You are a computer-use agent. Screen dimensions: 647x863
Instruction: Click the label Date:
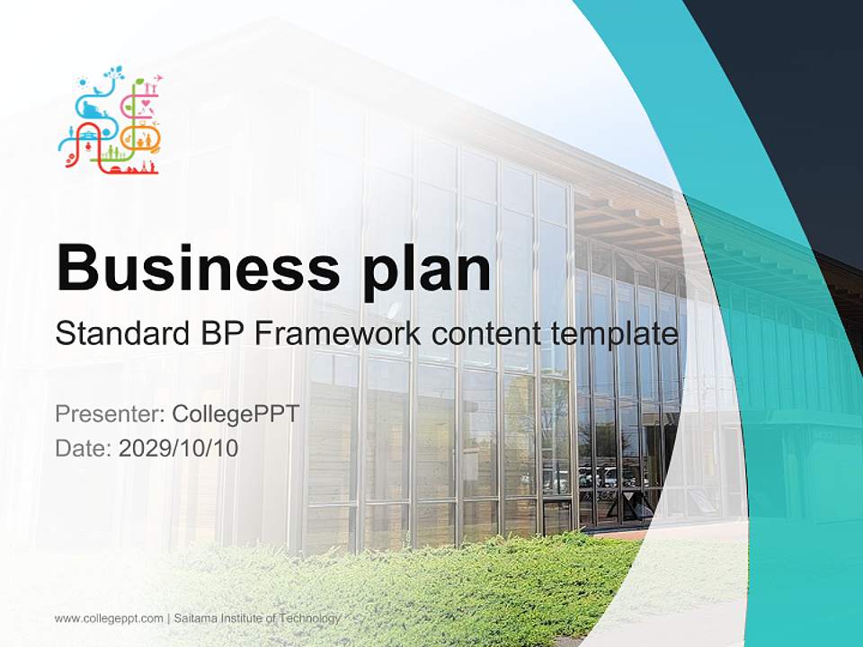[x=84, y=448]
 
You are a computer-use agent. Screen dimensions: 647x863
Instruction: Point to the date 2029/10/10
[x=179, y=448]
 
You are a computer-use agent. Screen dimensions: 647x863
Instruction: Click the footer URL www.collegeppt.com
[x=109, y=618]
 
